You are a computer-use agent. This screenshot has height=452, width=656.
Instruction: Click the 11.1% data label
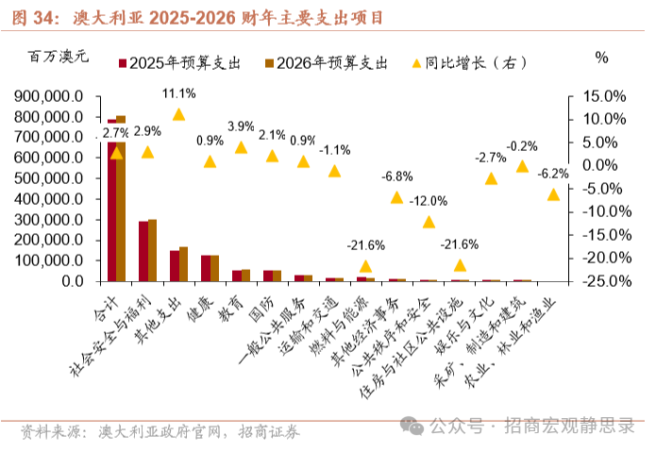point(178,94)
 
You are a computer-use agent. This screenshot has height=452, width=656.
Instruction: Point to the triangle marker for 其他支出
point(178,114)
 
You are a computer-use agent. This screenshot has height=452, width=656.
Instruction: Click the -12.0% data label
point(429,202)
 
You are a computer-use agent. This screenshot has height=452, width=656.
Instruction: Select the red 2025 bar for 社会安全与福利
point(143,251)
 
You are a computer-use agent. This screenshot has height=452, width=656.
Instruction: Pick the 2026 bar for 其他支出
point(183,264)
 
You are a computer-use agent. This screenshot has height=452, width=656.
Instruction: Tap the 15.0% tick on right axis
point(605,96)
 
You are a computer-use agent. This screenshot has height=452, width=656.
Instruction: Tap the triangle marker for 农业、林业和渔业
point(553,193)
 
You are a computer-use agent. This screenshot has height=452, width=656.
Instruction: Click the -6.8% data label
point(396,176)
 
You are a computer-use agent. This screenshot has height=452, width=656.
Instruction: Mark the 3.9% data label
point(241,126)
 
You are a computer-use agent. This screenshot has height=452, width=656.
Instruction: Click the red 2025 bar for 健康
point(205,268)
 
